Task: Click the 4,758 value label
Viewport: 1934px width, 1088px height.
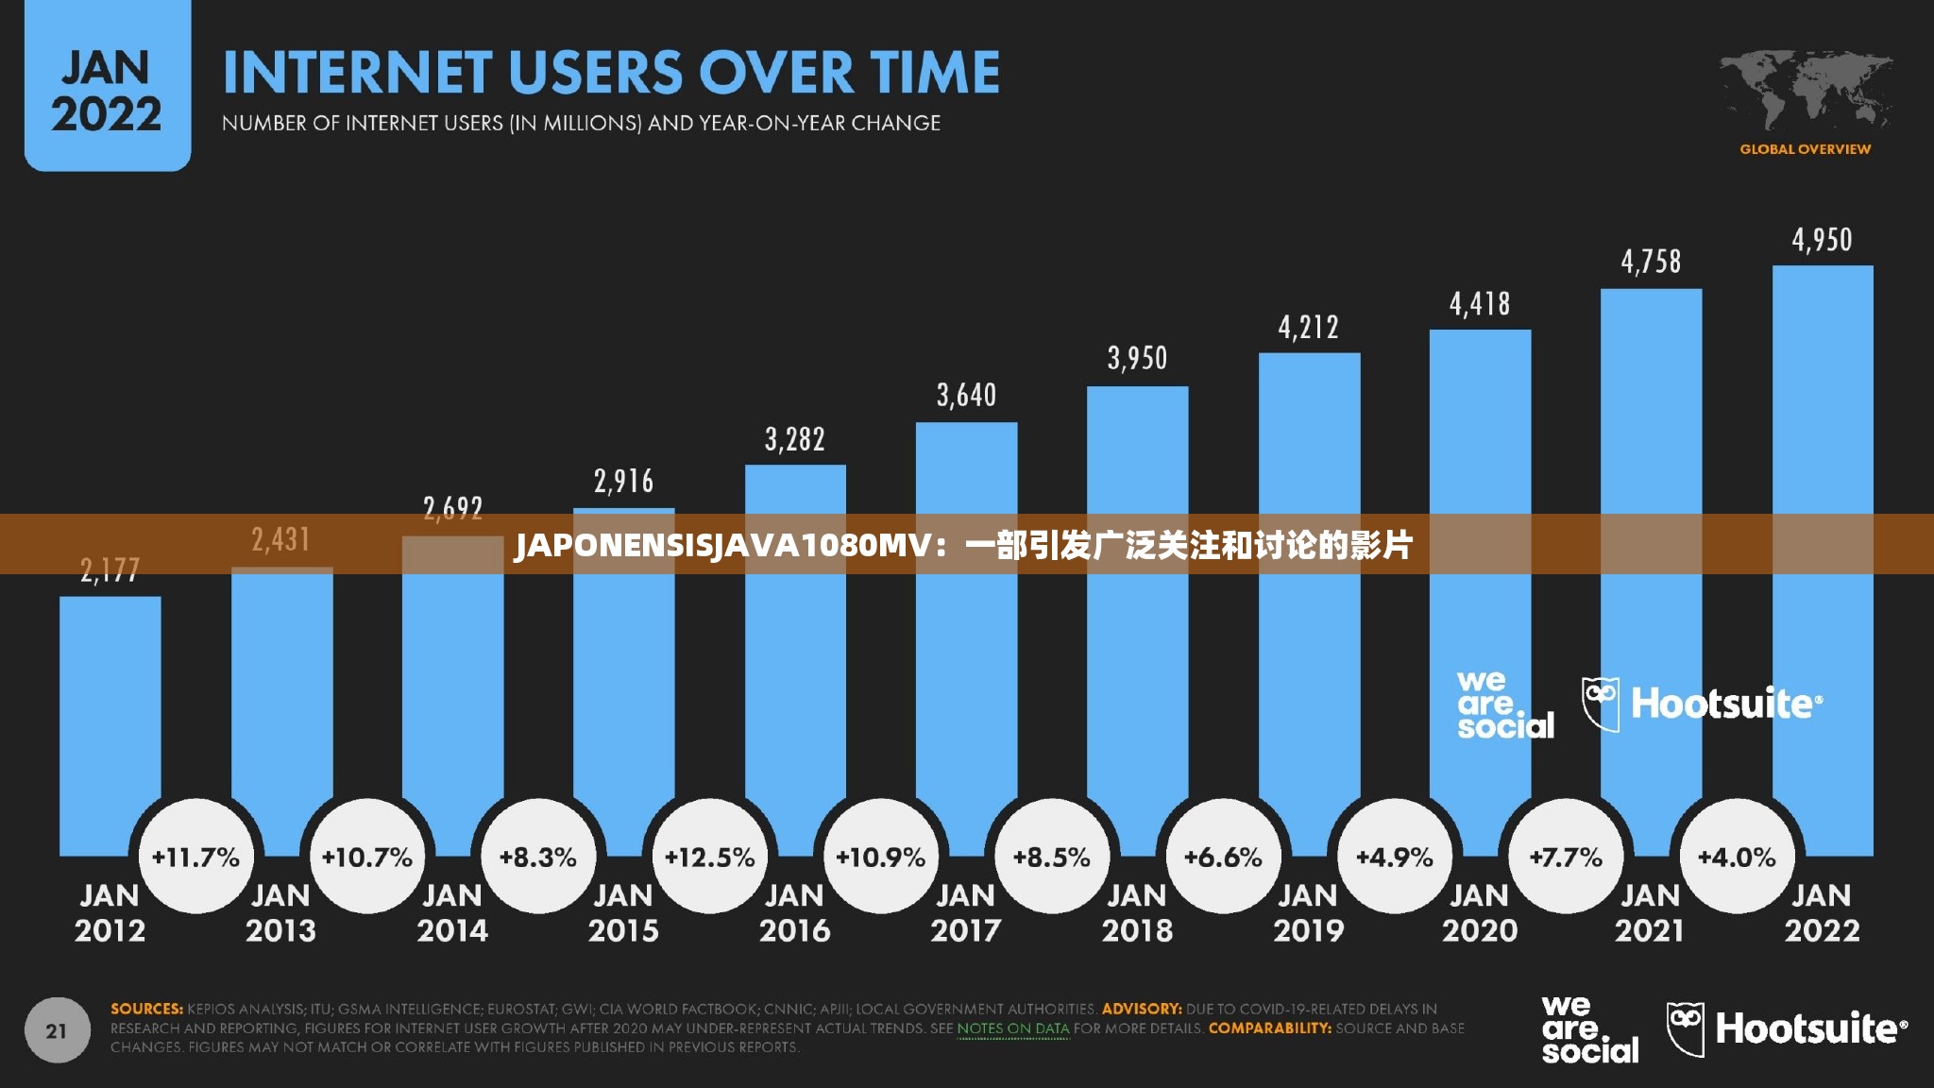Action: pyautogui.click(x=1651, y=262)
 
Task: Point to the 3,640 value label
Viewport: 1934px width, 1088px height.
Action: pyautogui.click(x=966, y=395)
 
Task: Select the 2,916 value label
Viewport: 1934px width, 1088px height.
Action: pyautogui.click(x=623, y=482)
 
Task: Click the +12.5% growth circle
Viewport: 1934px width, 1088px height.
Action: pyautogui.click(x=709, y=857)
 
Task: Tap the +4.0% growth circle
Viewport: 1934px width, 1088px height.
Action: pyautogui.click(x=1737, y=857)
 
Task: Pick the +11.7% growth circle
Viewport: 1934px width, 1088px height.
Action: pyautogui.click(x=195, y=857)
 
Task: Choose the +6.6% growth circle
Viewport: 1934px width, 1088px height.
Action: pyautogui.click(x=1223, y=857)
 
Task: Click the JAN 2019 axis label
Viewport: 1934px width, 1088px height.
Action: pyautogui.click(x=1308, y=912)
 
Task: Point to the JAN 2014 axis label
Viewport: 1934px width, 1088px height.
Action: pyautogui.click(x=452, y=912)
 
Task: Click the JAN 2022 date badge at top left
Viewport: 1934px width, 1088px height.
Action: pyautogui.click(x=107, y=85)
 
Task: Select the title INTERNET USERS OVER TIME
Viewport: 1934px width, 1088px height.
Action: pyautogui.click(x=611, y=73)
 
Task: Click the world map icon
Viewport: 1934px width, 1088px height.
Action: pyautogui.click(x=1806, y=91)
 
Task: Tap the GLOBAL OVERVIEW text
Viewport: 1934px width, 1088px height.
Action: pyautogui.click(x=1805, y=149)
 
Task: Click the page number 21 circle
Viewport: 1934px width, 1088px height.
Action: pyautogui.click(x=57, y=1030)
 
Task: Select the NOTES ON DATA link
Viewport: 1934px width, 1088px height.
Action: pyautogui.click(x=1013, y=1028)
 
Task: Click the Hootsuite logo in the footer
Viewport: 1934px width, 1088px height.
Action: pyautogui.click(x=1787, y=1028)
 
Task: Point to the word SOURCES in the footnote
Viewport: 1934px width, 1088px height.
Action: pyautogui.click(x=146, y=1009)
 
